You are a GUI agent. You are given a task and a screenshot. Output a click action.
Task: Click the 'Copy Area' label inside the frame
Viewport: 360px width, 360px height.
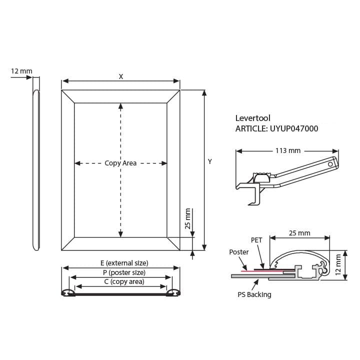click(x=120, y=163)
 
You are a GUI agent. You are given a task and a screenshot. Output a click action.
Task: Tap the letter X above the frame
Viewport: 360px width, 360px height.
click(x=121, y=76)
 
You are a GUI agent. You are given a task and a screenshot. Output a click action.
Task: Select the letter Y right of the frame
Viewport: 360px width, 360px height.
click(x=210, y=161)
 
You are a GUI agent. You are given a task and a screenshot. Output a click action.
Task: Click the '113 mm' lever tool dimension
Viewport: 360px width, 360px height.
click(x=288, y=150)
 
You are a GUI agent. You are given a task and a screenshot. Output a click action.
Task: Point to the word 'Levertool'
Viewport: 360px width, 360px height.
click(x=253, y=118)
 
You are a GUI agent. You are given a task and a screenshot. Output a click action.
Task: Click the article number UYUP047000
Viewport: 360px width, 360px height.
click(x=294, y=128)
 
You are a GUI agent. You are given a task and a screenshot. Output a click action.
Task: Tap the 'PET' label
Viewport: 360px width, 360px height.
click(x=256, y=240)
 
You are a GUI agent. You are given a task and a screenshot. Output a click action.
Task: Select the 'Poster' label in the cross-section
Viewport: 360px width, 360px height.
click(x=239, y=252)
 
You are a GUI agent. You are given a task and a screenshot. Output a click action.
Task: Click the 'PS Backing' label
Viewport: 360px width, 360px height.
click(x=254, y=294)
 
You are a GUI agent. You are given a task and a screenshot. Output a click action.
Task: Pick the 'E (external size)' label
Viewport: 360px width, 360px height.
click(x=124, y=263)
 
